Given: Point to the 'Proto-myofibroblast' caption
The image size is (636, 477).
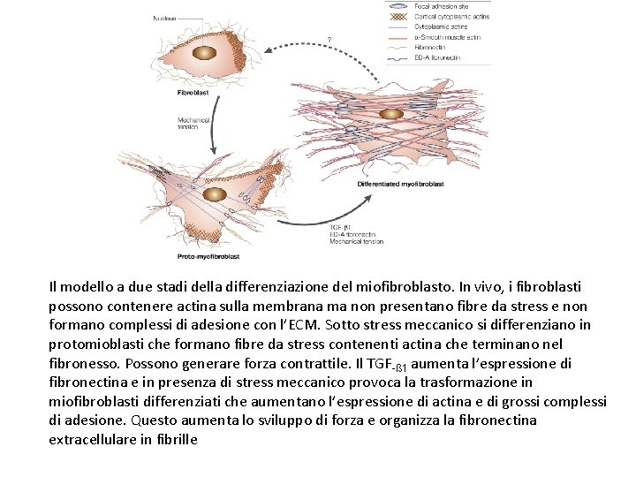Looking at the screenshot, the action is pyautogui.click(x=208, y=256).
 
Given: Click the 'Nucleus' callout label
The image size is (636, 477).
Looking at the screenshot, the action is pyautogui.click(x=164, y=18).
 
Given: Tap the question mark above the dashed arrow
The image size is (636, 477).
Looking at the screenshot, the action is pyautogui.click(x=329, y=40).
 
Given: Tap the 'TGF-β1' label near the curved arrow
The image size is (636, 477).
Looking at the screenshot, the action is pyautogui.click(x=340, y=227).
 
